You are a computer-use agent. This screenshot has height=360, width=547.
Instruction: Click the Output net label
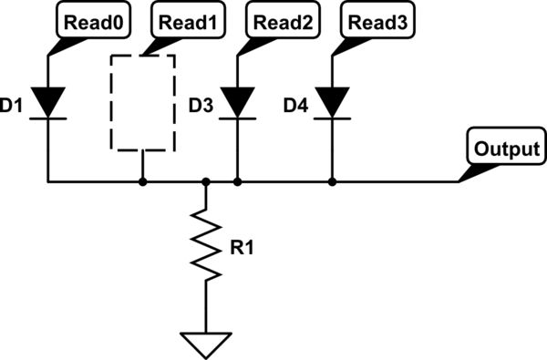(506, 149)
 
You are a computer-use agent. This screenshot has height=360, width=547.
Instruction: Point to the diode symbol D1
(48, 102)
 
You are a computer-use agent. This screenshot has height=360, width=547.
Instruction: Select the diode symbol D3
(238, 102)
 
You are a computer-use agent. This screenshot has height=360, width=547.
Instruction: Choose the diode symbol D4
(332, 102)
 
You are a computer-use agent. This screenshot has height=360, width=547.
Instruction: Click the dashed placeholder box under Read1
(142, 102)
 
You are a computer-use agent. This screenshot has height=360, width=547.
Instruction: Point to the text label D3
(201, 107)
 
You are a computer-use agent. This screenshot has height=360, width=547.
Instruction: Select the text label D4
(296, 107)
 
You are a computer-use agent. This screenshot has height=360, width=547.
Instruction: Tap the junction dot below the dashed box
(142, 182)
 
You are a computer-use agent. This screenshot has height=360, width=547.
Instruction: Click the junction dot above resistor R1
(206, 182)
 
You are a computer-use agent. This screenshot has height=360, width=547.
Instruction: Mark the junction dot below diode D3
(238, 182)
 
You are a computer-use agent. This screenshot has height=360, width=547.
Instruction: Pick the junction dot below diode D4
(332, 182)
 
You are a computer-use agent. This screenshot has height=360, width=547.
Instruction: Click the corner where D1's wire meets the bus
(48, 182)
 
